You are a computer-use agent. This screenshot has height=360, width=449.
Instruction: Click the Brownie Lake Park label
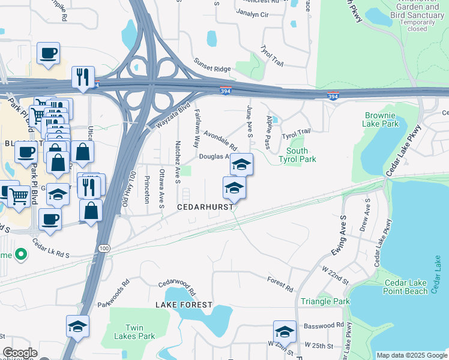point(380,119)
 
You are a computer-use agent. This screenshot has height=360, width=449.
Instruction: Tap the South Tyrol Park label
point(297,155)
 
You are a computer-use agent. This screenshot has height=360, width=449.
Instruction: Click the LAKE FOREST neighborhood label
point(184,305)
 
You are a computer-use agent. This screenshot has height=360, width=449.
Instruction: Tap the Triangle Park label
point(325,301)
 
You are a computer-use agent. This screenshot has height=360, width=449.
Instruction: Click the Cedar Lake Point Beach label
point(406,287)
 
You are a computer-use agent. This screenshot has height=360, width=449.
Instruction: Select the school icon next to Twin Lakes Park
point(78,326)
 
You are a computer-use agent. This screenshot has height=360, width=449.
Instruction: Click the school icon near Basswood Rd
point(285,332)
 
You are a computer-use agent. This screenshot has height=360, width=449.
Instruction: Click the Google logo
point(20,353)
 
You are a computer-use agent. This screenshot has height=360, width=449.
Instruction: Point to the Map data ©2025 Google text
point(411,355)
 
